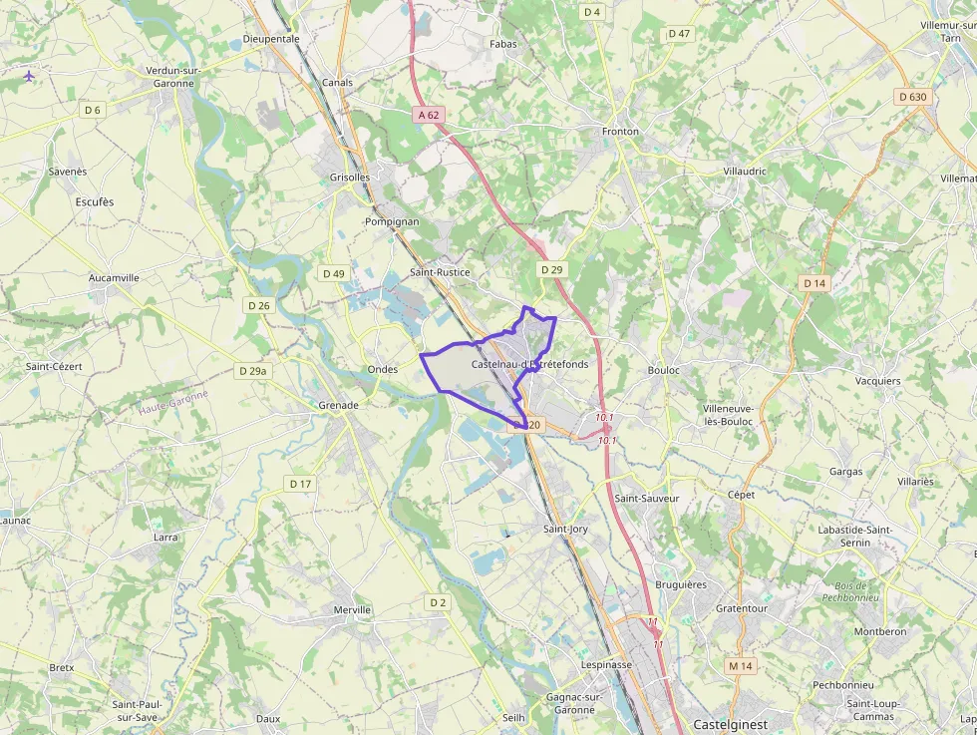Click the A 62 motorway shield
(x=429, y=115)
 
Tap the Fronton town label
(x=620, y=132)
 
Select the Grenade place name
(x=338, y=405)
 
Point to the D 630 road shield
(x=912, y=97)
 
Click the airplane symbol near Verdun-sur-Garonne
(x=29, y=75)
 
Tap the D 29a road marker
(x=253, y=371)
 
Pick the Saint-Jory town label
(x=565, y=529)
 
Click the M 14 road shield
(x=740, y=665)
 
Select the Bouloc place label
(x=663, y=370)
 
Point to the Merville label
(x=352, y=609)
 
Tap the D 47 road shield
(x=679, y=34)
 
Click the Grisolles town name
(x=349, y=178)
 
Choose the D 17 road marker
(x=300, y=484)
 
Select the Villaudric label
(x=745, y=171)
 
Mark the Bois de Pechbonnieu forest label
(x=849, y=591)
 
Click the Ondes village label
(x=383, y=369)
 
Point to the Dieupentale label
(x=271, y=39)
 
